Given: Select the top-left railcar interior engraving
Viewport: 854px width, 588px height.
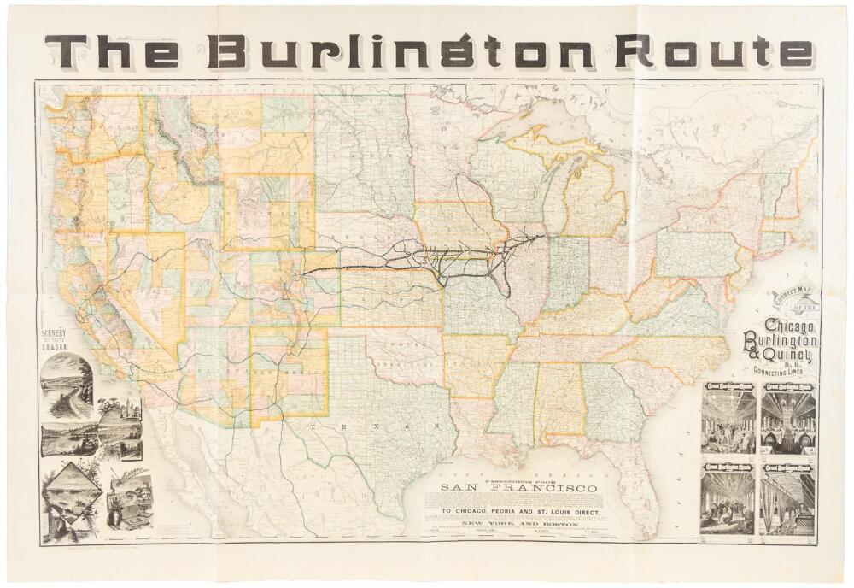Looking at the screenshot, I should pyautogui.click(x=728, y=419).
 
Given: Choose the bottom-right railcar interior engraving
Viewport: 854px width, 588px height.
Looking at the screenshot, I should pyautogui.click(x=788, y=499).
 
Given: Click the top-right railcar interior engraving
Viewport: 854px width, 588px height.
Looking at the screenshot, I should pyautogui.click(x=788, y=419).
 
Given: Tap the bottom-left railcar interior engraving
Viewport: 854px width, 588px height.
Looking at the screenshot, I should pyautogui.click(x=728, y=499).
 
